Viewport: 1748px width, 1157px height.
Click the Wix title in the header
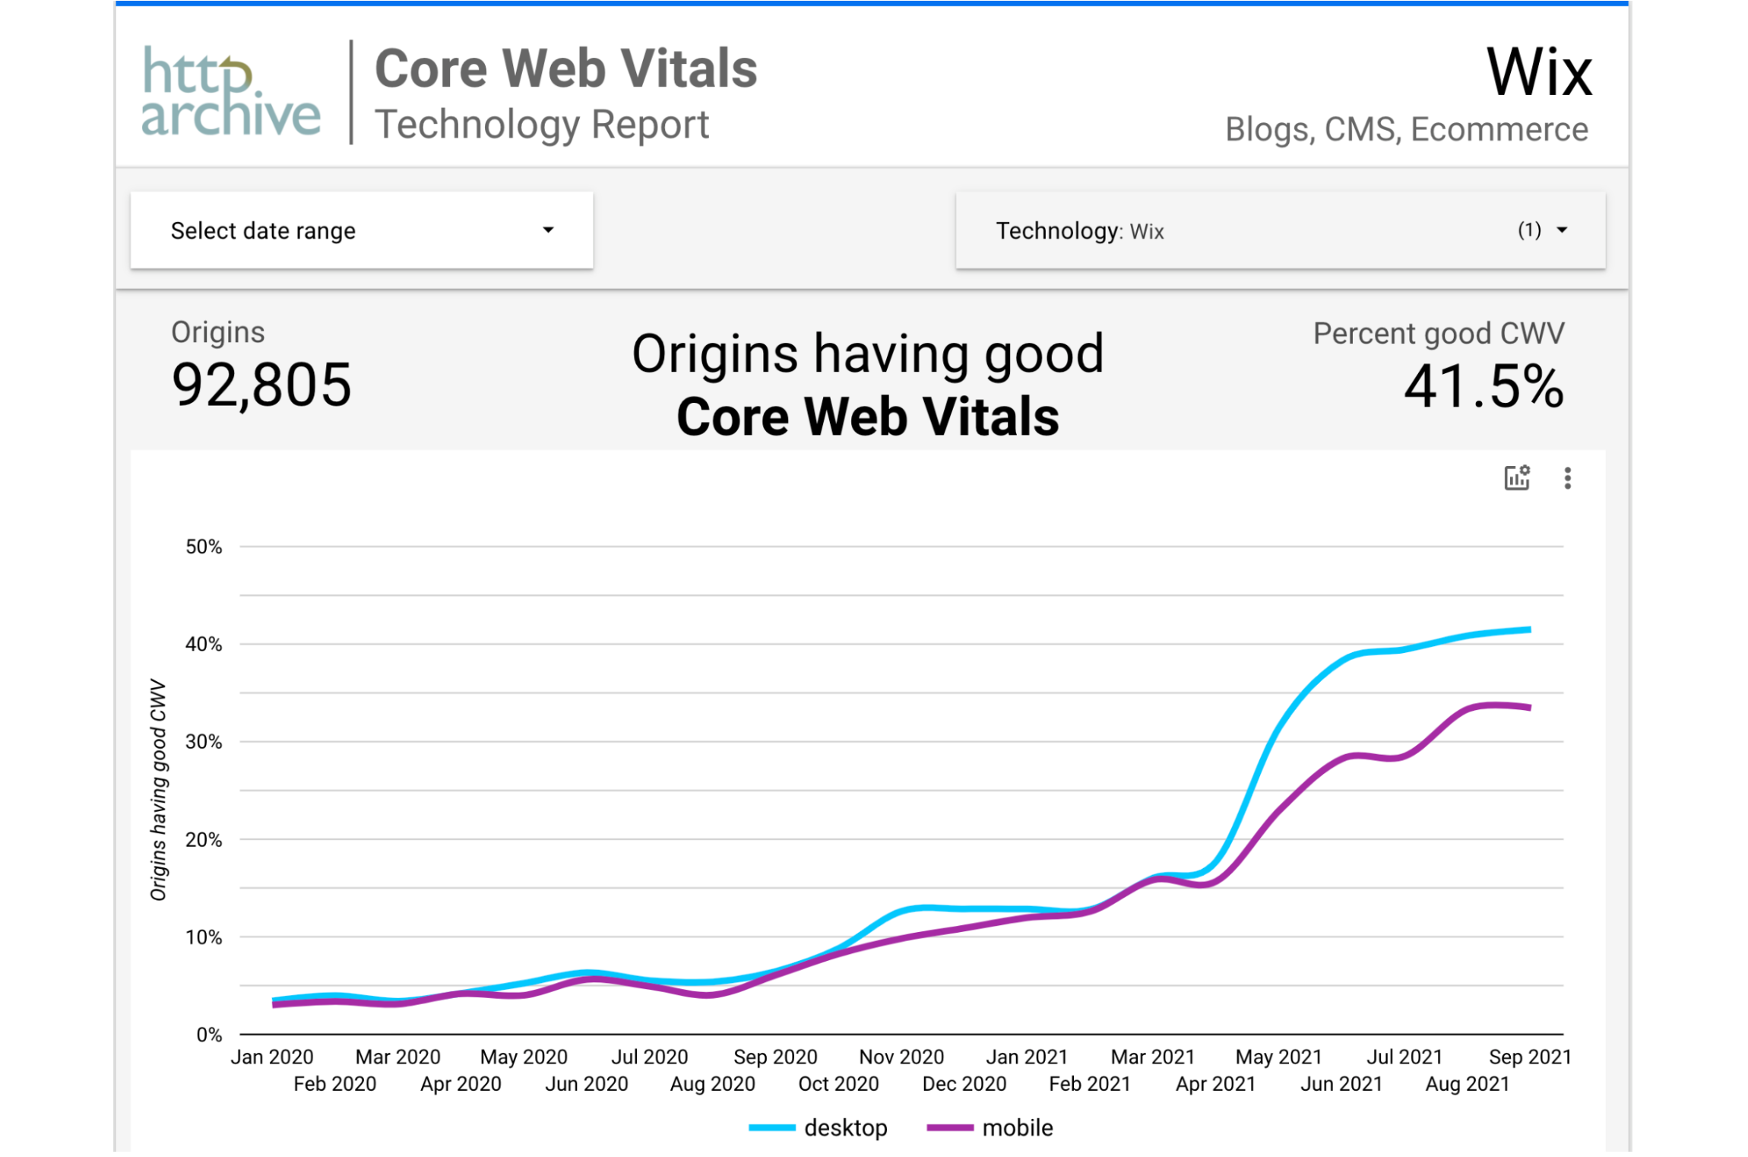(1538, 72)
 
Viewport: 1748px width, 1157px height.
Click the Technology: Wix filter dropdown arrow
(1562, 230)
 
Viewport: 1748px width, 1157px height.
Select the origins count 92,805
(261, 385)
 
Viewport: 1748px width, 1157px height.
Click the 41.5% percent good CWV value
(1483, 386)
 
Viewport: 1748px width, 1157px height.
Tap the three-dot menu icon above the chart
(1567, 478)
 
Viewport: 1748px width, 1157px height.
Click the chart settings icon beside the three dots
(1517, 478)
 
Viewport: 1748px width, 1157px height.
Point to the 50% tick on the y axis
(204, 547)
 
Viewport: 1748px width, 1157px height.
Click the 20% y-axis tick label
(204, 839)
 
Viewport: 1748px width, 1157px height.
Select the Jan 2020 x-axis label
(272, 1057)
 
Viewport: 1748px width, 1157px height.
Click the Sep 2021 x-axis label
(1529, 1057)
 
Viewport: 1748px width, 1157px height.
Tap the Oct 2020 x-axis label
(838, 1083)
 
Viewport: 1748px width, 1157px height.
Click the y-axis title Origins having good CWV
(158, 791)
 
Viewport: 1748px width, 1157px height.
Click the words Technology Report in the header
(542, 125)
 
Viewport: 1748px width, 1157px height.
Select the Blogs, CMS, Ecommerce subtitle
(1406, 129)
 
